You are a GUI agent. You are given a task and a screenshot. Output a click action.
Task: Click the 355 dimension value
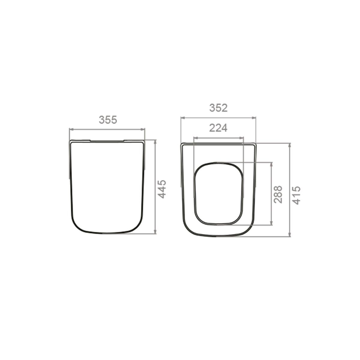108,120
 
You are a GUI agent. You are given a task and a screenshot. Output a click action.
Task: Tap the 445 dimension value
162,189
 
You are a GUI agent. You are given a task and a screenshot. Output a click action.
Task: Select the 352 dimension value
218,108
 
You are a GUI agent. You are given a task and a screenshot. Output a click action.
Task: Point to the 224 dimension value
218,128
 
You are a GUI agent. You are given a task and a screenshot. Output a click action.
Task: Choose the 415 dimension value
296,195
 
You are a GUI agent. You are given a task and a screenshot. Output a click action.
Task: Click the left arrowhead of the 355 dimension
71,129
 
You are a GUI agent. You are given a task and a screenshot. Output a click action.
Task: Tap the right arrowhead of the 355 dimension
143,129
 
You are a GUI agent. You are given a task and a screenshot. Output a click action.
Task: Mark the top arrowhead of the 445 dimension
155,142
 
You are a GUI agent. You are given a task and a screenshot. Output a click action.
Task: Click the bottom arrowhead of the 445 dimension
155,232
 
